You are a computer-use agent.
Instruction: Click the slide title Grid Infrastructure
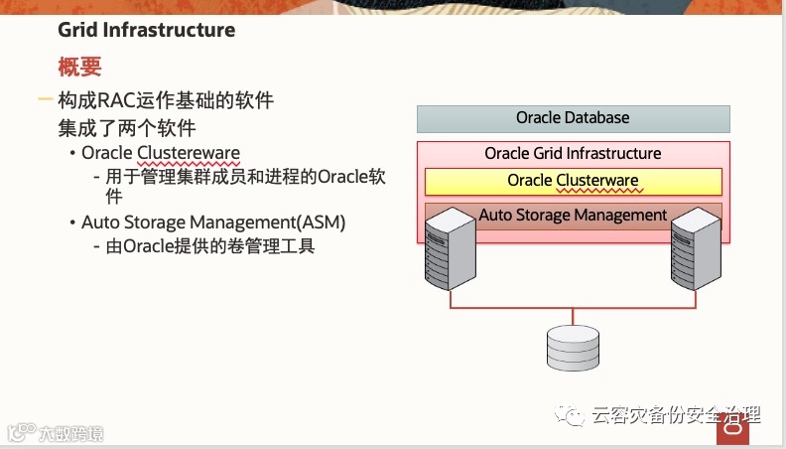(x=146, y=30)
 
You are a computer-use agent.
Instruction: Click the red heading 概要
(x=79, y=68)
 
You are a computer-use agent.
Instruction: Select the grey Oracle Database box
(x=573, y=118)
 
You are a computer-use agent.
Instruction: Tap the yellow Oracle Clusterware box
(x=573, y=181)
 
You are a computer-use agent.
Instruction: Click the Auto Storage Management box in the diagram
(x=573, y=215)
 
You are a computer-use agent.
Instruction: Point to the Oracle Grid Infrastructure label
(x=573, y=154)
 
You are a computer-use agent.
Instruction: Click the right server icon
(x=695, y=252)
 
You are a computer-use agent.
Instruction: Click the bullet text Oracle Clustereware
(x=161, y=153)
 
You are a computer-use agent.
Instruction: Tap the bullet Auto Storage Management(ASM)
(x=213, y=222)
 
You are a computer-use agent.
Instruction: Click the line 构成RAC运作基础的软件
(x=165, y=100)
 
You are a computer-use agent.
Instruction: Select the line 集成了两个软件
(x=126, y=128)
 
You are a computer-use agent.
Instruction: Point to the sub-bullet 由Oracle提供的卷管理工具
(x=210, y=246)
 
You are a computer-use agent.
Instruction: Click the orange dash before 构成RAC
(x=45, y=100)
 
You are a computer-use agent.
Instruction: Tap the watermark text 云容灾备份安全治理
(x=675, y=416)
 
